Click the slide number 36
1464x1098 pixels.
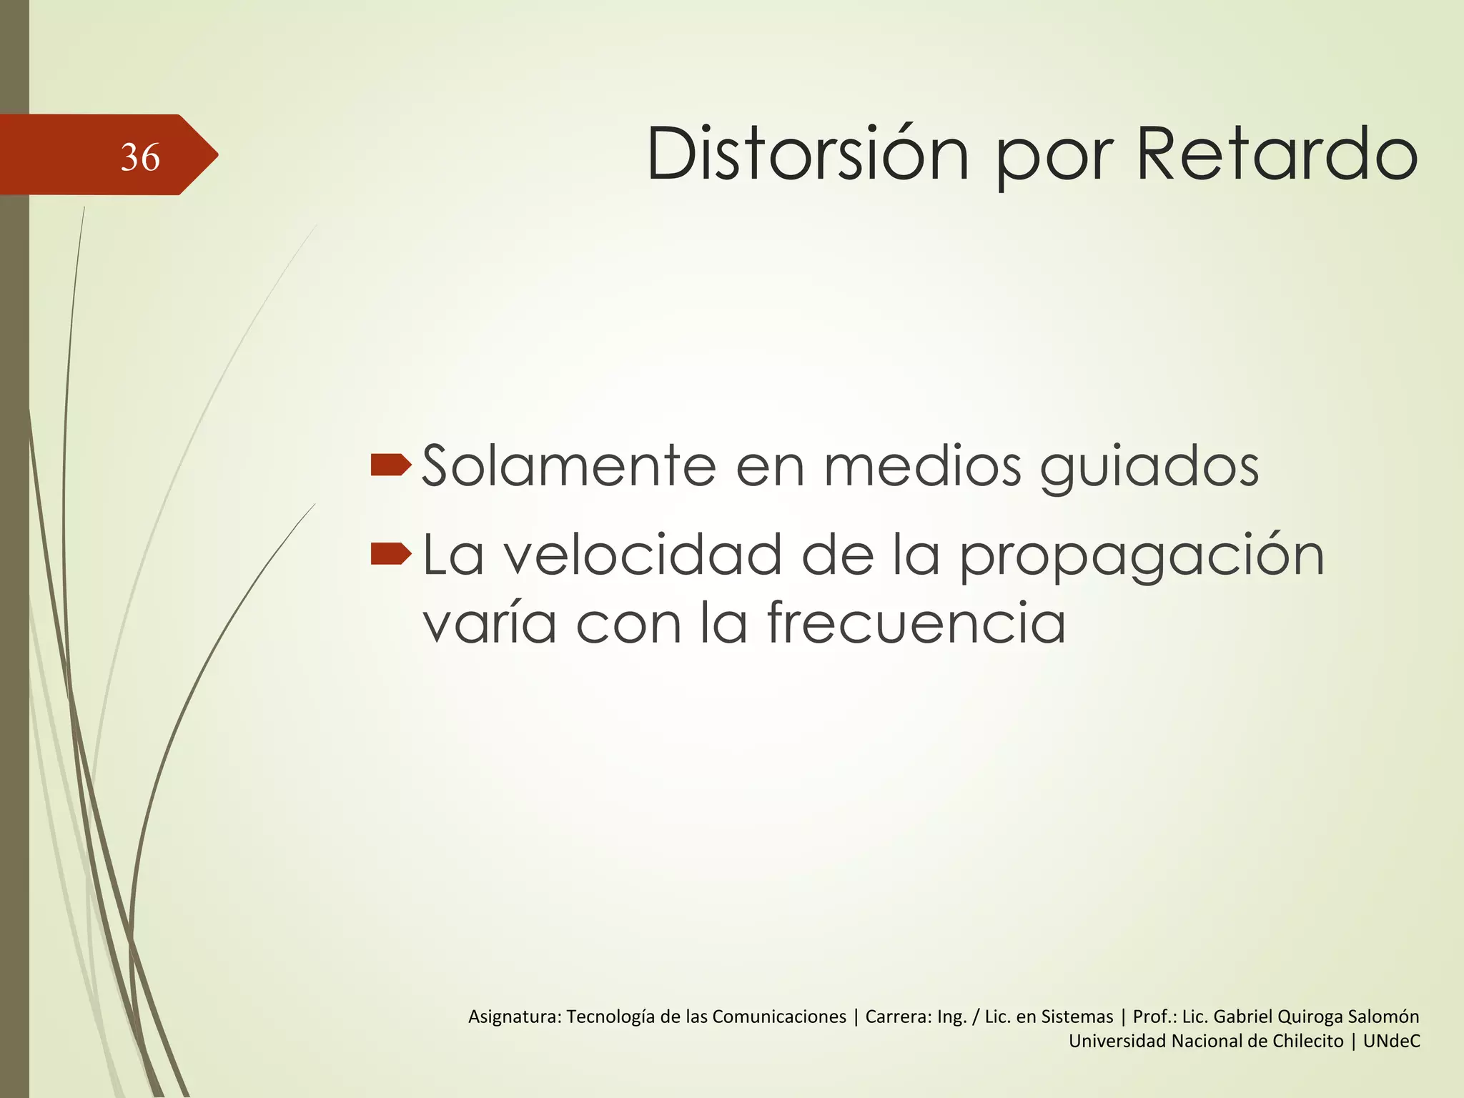pyautogui.click(x=140, y=157)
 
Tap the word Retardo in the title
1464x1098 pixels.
pyautogui.click(x=1277, y=154)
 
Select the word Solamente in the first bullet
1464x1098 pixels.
pyautogui.click(x=569, y=466)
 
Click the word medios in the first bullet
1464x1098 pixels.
pyautogui.click(x=922, y=466)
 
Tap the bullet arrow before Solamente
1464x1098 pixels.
pyautogui.click(x=391, y=465)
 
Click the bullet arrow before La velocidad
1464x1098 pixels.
pyautogui.click(x=391, y=553)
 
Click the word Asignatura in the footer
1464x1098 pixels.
pyautogui.click(x=515, y=1017)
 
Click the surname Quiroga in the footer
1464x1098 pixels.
pyautogui.click(x=1310, y=1017)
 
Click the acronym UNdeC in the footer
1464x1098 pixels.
pyautogui.click(x=1391, y=1041)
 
